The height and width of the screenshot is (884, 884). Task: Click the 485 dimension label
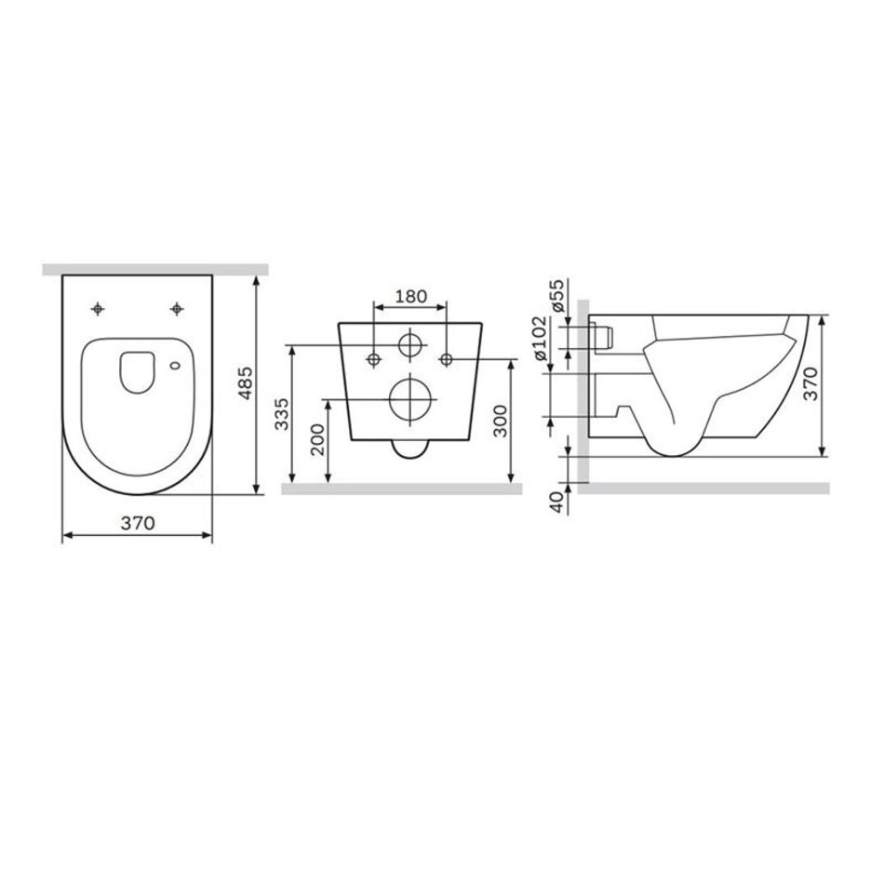(x=246, y=383)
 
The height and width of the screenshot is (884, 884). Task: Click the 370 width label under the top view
(x=138, y=523)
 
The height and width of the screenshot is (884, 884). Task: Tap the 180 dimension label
(x=411, y=296)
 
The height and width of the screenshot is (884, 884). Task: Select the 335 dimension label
(x=282, y=414)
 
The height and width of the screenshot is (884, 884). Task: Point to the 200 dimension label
(x=318, y=440)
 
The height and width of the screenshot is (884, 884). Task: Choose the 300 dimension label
(x=500, y=421)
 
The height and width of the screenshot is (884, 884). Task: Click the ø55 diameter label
(x=557, y=295)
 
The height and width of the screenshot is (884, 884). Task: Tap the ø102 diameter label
(x=539, y=339)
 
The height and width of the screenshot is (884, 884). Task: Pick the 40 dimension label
(x=557, y=502)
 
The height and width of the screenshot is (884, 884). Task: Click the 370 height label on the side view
(x=810, y=383)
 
